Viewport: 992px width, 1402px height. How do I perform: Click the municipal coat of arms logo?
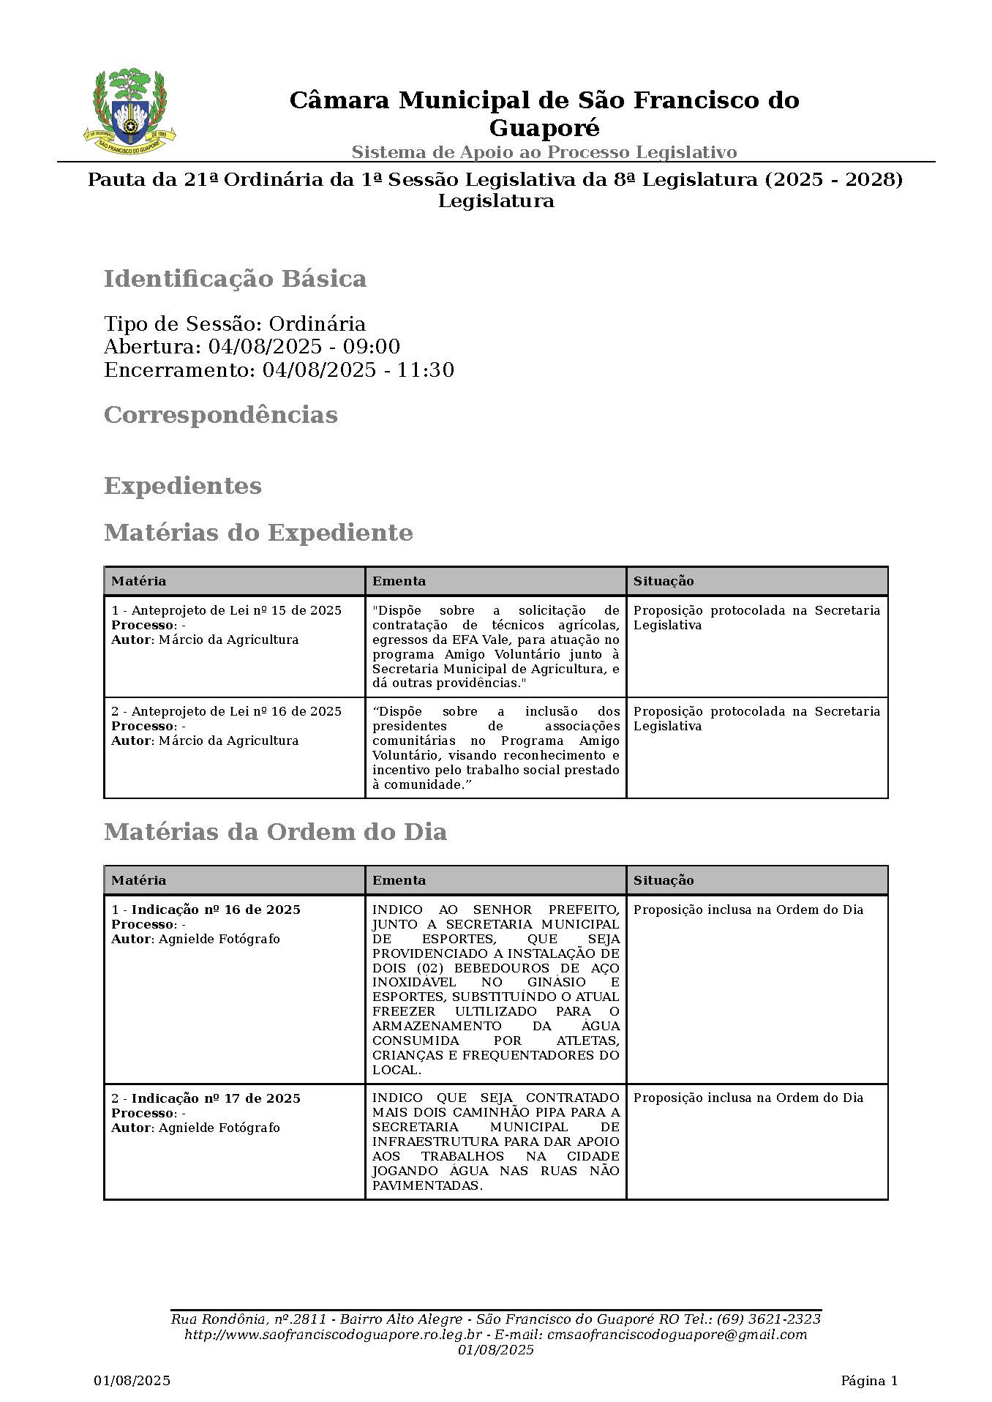[130, 108]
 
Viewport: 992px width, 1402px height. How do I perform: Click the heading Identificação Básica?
[235, 279]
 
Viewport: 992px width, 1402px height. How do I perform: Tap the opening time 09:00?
[376, 347]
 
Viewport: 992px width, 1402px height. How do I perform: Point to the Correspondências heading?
[220, 415]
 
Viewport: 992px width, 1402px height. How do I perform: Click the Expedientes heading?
[182, 486]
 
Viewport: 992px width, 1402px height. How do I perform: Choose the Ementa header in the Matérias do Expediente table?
[399, 581]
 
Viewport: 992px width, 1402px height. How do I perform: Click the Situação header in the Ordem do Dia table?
[663, 880]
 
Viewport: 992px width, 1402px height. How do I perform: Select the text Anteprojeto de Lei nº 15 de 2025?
[236, 610]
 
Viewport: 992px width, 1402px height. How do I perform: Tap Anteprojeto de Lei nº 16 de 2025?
[236, 711]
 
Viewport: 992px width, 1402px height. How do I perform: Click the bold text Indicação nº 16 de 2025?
[216, 910]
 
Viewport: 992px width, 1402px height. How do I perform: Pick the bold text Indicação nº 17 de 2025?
[216, 1098]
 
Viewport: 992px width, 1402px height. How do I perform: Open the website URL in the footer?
[333, 1335]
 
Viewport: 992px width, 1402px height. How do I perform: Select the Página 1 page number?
[868, 1381]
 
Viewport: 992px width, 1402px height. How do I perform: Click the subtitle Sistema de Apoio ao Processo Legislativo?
[544, 152]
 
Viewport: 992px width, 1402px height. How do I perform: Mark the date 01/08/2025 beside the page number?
[132, 1381]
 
